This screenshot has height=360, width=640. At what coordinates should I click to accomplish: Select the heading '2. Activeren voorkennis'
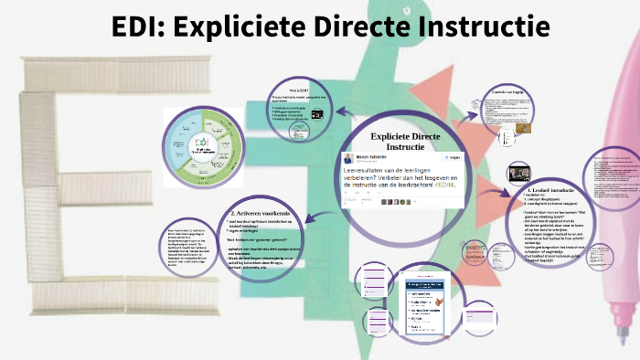pos(254,214)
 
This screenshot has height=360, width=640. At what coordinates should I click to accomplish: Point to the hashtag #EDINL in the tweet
pos(454,185)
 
